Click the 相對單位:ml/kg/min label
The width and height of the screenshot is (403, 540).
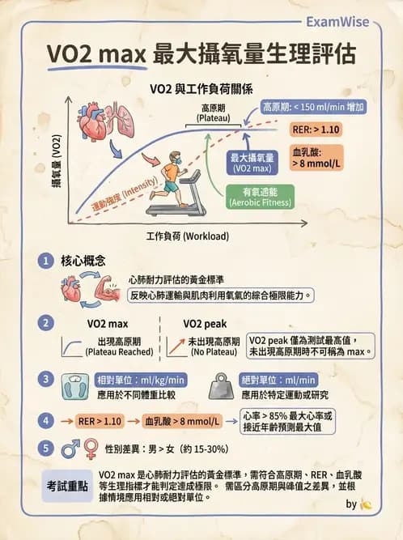pyautogui.click(x=141, y=380)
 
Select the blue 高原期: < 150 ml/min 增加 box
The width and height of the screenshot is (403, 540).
pyautogui.click(x=315, y=106)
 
